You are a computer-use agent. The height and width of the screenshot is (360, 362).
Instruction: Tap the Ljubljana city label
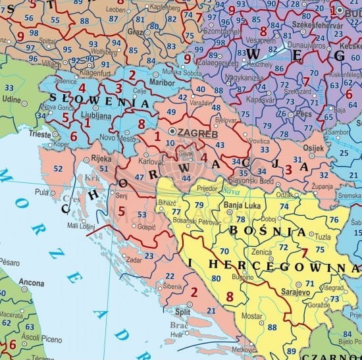tap(78, 113)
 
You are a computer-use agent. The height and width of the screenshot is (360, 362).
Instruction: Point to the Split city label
tap(182, 311)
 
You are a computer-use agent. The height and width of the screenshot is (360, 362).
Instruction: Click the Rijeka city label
tap(100, 157)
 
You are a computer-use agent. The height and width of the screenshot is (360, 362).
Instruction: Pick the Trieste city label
tap(39, 134)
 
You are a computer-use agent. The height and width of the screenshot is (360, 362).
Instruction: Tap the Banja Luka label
tap(244, 205)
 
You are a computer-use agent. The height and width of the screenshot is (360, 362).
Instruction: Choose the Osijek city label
tap(313, 148)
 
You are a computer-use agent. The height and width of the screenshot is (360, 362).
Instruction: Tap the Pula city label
tap(41, 193)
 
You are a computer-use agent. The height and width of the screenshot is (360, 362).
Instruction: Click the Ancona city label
tap(32, 282)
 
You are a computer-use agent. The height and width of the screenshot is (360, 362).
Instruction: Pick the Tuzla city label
tap(323, 236)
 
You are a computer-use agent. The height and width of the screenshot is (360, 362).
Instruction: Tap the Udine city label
tap(11, 99)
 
